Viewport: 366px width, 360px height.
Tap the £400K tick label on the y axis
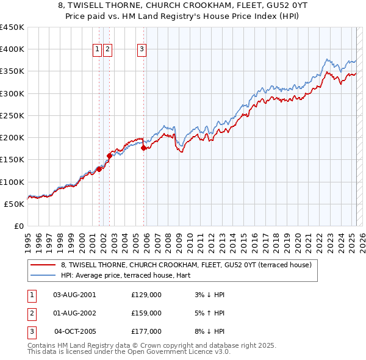[12, 49]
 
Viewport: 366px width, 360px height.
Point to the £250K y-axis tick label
[12, 115]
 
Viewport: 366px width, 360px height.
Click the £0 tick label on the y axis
[19, 226]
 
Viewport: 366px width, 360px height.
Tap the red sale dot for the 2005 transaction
[144, 148]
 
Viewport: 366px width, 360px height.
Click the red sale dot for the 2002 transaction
[110, 156]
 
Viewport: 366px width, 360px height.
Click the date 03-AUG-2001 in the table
[74, 295]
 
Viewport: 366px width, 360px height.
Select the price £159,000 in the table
[146, 313]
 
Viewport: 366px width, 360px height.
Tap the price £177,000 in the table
[146, 331]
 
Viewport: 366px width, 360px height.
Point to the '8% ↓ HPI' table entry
[208, 331]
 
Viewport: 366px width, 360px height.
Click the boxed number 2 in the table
[30, 313]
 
